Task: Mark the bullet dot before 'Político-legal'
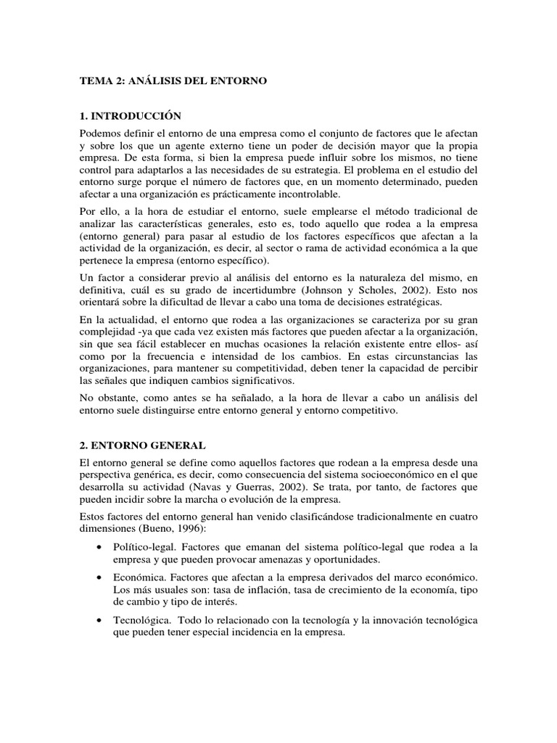point(99,548)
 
